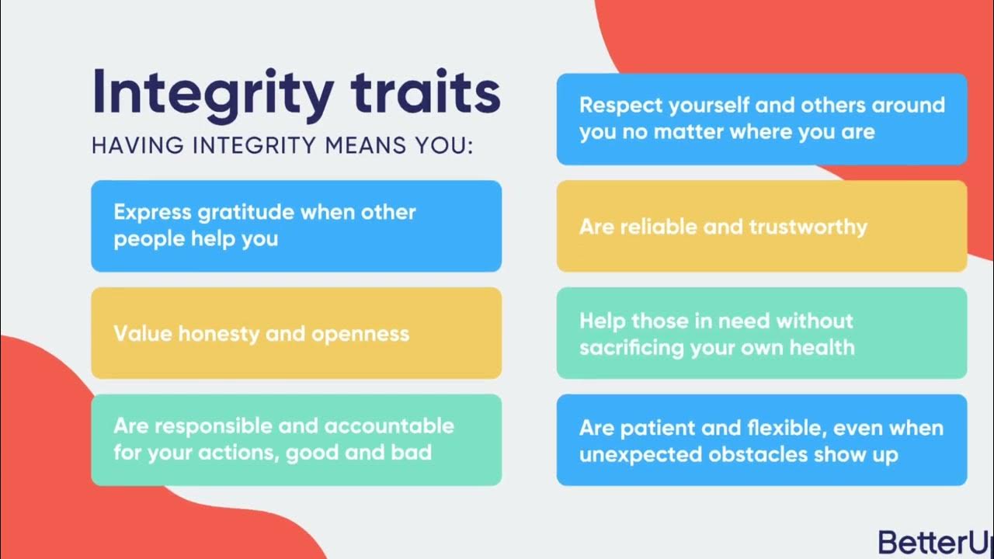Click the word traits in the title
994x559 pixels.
click(x=425, y=92)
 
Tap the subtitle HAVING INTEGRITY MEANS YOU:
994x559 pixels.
click(x=282, y=145)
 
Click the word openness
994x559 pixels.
click(x=360, y=334)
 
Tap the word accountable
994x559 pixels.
click(x=389, y=426)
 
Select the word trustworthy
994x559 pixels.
click(x=808, y=227)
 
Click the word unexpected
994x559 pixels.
click(x=636, y=454)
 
